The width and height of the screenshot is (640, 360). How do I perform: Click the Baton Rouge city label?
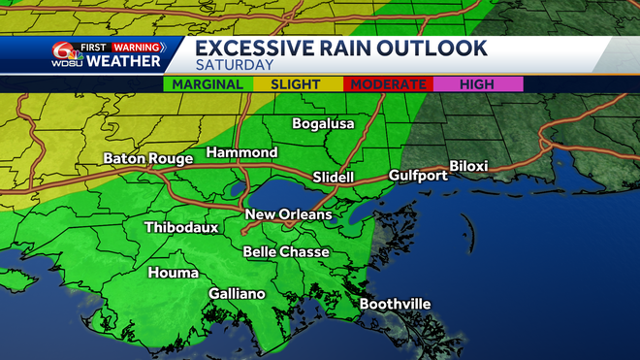point(144,159)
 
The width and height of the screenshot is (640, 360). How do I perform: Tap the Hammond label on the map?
point(240,153)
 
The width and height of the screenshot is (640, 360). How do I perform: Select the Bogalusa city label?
point(324,124)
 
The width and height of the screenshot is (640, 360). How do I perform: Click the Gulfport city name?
point(418,176)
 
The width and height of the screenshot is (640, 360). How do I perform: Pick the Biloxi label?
point(468,167)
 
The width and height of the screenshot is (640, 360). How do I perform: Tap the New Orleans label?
point(289,214)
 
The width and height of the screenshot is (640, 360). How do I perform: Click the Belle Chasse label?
point(286,252)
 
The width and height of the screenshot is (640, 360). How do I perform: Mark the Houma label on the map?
point(173,273)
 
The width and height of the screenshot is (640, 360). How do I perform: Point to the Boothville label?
point(395,305)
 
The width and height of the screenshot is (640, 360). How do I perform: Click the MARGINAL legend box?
point(208,85)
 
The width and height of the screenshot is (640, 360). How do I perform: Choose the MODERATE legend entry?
point(388,85)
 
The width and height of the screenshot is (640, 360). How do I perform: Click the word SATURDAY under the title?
point(233,65)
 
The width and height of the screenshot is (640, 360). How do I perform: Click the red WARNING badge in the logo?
point(137,45)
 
